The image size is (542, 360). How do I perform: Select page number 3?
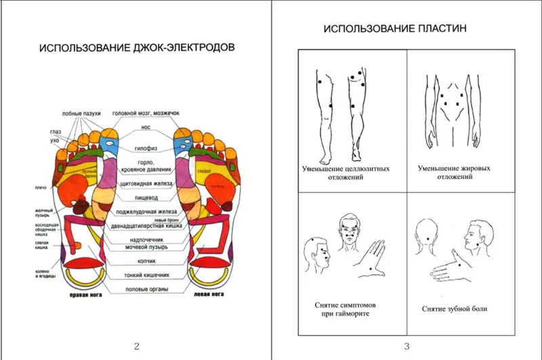coord(406,346)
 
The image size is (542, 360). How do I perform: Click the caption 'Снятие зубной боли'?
coord(454,309)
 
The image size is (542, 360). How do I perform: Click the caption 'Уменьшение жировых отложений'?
coord(454,173)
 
